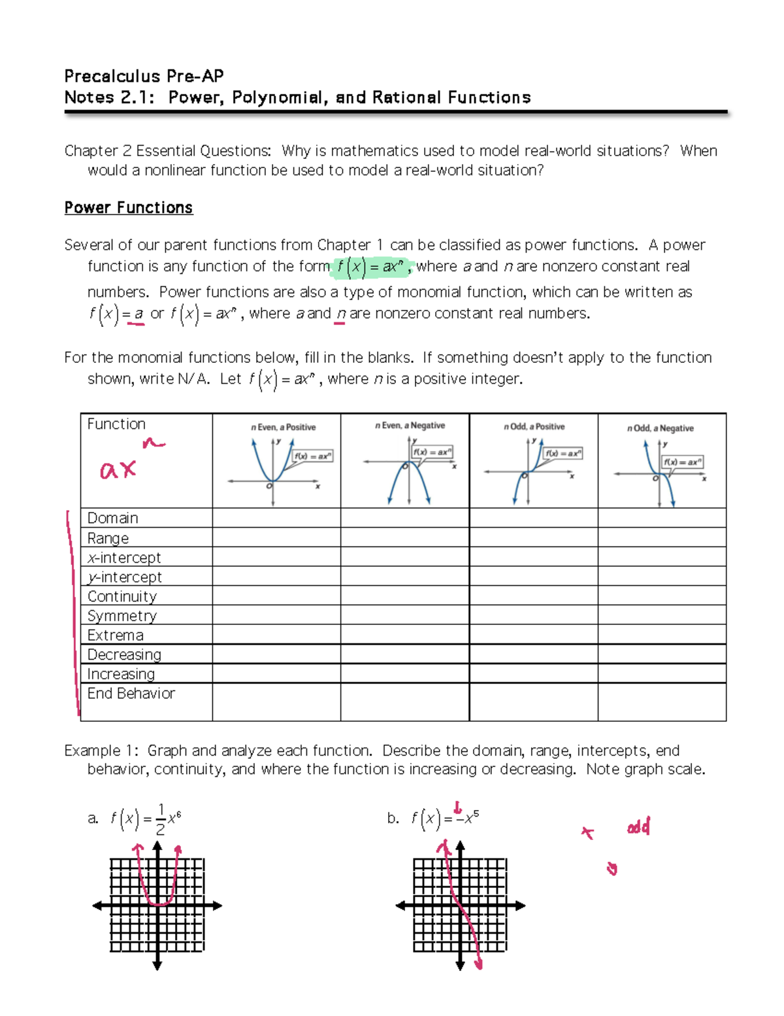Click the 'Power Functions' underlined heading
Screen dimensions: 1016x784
click(128, 208)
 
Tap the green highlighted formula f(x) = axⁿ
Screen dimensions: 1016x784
click(372, 267)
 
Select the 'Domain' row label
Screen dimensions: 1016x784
click(113, 518)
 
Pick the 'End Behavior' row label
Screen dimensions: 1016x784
click(131, 694)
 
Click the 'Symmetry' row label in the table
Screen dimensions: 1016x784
click(122, 616)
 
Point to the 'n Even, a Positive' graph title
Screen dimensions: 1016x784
click(283, 428)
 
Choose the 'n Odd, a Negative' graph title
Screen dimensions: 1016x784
click(660, 429)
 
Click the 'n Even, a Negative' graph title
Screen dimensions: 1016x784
click(410, 426)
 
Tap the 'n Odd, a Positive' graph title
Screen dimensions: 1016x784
click(534, 427)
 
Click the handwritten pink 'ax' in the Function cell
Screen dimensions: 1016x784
click(118, 469)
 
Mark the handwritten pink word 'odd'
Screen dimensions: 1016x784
click(638, 828)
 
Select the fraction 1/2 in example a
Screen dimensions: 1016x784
click(161, 819)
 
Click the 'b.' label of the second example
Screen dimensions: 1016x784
click(393, 819)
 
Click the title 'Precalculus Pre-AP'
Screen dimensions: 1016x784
click(144, 76)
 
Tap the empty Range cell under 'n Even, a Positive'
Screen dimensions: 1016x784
click(276, 538)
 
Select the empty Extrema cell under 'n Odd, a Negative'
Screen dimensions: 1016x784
click(662, 635)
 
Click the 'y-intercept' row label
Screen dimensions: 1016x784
click(124, 577)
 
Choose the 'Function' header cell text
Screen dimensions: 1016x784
click(116, 424)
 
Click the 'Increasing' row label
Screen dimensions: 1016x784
click(121, 674)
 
